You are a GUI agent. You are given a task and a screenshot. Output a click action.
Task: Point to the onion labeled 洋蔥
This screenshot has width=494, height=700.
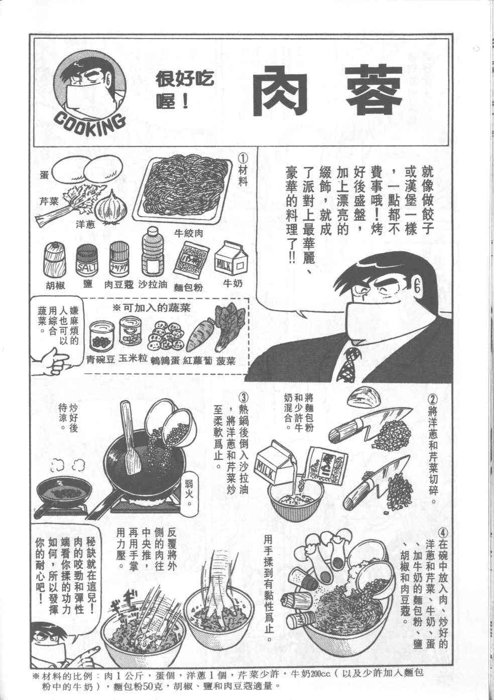pyautogui.click(x=111, y=207)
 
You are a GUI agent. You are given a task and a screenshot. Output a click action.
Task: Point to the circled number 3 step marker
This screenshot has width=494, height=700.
pyautogui.click(x=243, y=399)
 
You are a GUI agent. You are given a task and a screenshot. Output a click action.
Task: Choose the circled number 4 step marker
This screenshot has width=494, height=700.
pyautogui.click(x=443, y=533)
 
